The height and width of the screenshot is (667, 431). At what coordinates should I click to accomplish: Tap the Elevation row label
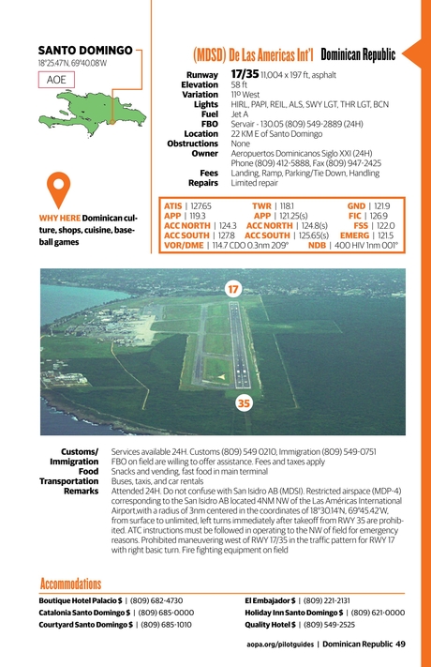pyautogui.click(x=200, y=84)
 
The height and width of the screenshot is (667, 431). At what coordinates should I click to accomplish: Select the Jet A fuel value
pyautogui.click(x=240, y=114)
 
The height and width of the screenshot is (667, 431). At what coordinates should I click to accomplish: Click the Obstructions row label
pyautogui.click(x=193, y=144)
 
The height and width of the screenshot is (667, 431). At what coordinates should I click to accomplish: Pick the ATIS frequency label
pyautogui.click(x=172, y=205)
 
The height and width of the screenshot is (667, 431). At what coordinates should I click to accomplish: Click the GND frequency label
pyautogui.click(x=356, y=205)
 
